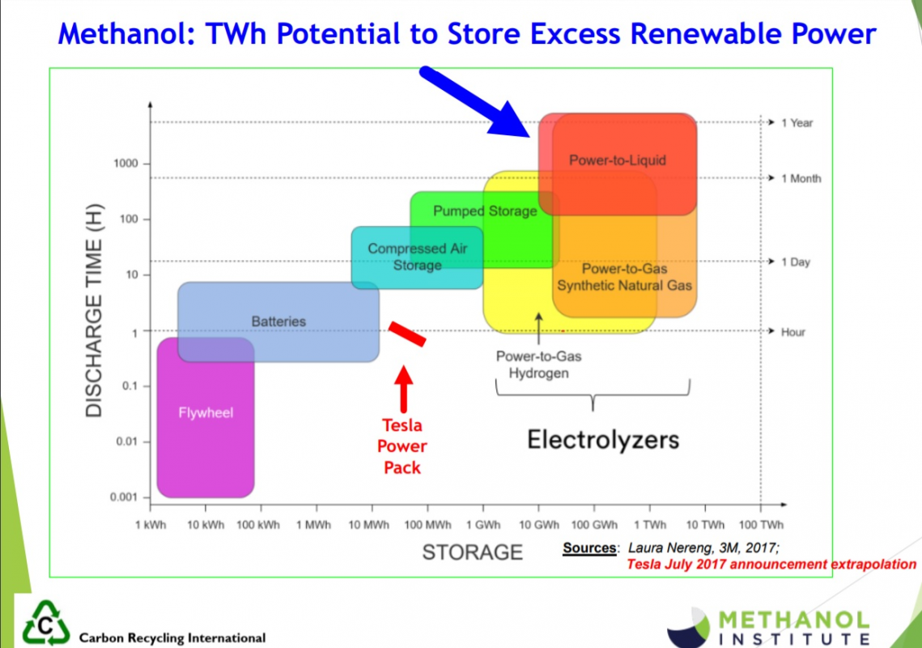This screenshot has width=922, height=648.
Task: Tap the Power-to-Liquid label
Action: [x=618, y=160]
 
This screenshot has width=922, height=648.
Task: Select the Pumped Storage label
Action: [x=485, y=211]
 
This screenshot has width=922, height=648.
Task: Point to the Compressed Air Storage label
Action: [x=418, y=257]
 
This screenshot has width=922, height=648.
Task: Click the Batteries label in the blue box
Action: [x=278, y=322]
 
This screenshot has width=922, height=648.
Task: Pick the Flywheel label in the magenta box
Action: [x=206, y=412]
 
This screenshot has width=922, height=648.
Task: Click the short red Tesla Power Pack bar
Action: [x=407, y=334]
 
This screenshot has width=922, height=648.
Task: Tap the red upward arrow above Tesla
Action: [x=403, y=389]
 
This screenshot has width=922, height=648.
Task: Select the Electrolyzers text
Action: [x=603, y=440]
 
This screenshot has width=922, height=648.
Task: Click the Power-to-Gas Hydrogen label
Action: [x=538, y=364]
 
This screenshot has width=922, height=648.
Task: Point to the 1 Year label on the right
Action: [x=797, y=123]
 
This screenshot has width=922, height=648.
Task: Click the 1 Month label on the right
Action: [x=801, y=178]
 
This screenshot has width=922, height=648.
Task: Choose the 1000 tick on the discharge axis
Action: [x=125, y=163]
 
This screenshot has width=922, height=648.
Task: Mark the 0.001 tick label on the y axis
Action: [x=124, y=497]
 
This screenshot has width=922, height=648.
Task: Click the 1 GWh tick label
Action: [x=483, y=524]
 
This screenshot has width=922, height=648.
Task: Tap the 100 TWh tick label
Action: [x=761, y=524]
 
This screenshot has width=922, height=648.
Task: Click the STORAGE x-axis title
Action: [x=472, y=552]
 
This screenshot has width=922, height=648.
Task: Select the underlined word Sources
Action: [x=589, y=548]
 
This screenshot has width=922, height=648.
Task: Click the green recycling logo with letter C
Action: [x=45, y=623]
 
